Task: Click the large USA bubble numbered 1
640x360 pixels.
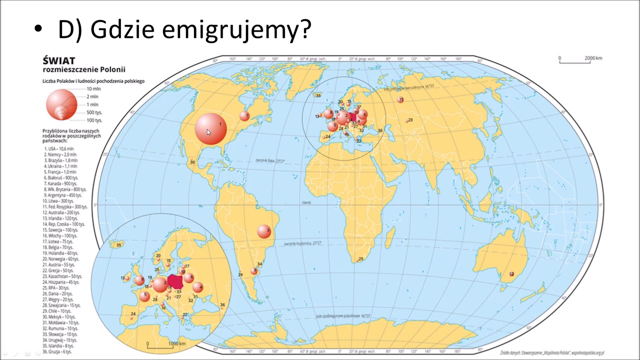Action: pos(210,129)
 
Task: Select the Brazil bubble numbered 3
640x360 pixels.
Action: pos(264,231)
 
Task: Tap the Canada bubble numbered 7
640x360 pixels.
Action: pos(244,116)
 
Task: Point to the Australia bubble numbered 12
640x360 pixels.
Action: pos(511,274)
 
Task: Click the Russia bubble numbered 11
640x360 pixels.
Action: pos(400,100)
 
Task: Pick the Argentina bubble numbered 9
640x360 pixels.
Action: pos(254,271)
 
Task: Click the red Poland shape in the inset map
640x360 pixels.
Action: pos(175,281)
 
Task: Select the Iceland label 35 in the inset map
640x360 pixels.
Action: pos(118,245)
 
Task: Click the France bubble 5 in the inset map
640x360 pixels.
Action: pos(144,296)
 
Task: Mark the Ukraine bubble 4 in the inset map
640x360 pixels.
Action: pos(198,287)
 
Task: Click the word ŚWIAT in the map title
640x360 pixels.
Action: pos(58,61)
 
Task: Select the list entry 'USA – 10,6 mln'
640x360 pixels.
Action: pos(59,149)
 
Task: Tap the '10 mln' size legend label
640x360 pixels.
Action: pos(93,88)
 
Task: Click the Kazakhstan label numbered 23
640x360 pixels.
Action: pos(410,120)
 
